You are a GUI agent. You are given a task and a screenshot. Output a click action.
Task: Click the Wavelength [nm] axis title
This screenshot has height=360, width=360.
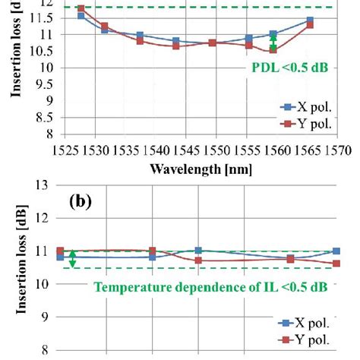(x=206, y=167)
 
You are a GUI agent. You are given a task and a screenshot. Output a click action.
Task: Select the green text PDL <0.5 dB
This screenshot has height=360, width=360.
(x=291, y=67)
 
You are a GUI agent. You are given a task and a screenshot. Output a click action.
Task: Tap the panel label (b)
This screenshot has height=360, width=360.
(x=81, y=204)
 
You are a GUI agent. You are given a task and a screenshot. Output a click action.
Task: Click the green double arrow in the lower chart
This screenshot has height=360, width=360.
(x=73, y=259)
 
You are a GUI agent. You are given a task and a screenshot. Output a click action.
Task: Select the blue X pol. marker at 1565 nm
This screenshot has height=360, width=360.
(x=310, y=21)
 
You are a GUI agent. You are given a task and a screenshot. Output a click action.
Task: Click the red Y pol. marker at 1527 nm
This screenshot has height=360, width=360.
(x=81, y=8)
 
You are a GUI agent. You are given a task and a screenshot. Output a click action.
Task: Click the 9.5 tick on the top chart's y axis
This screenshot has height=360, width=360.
(x=46, y=84)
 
